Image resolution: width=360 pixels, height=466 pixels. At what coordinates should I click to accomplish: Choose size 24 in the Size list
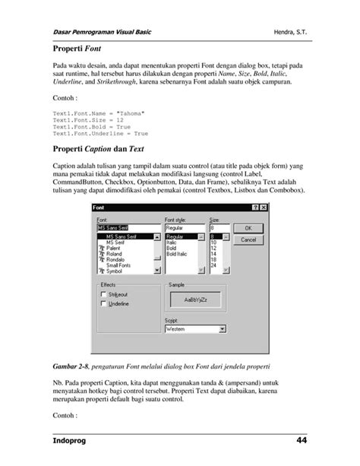[213, 265]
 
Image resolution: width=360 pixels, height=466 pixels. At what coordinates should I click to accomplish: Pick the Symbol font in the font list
[114, 271]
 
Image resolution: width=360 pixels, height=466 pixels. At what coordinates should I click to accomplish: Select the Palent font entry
[113, 248]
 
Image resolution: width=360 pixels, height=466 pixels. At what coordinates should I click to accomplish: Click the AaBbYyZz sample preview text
[195, 300]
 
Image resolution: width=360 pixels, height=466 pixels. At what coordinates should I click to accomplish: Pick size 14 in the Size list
[213, 253]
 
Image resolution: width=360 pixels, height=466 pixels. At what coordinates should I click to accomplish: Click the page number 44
[302, 442]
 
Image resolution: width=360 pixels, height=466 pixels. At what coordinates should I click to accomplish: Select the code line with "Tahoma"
[98, 113]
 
